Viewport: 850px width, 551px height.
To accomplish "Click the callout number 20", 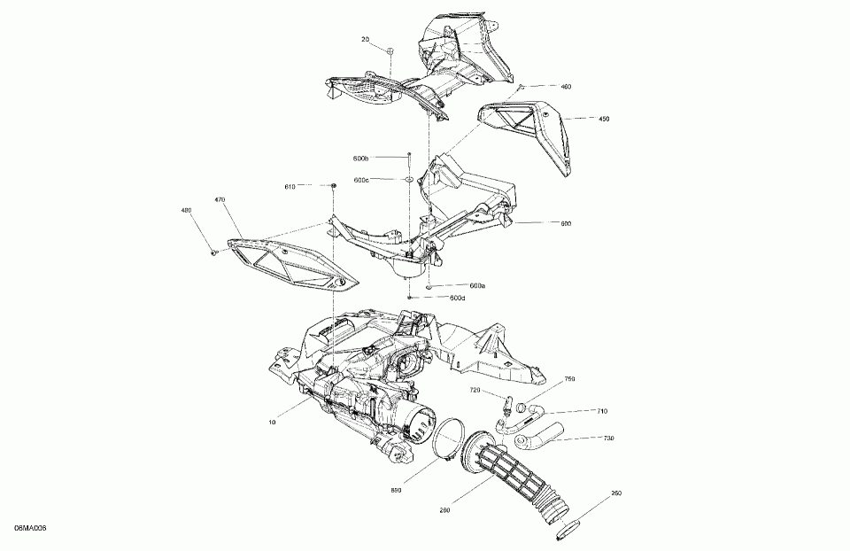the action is point(365,40).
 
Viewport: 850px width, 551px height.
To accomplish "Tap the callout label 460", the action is point(566,87).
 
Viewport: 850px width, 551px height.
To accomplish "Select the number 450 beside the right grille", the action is point(604,118).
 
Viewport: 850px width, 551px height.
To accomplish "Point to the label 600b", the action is point(360,159).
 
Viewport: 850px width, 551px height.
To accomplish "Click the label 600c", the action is point(360,180).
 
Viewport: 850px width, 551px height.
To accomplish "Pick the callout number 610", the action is point(290,186).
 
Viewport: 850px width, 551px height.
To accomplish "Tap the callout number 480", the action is point(186,211).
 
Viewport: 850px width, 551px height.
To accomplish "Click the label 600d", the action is point(457,298).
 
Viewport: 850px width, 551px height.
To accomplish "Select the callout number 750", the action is point(569,379).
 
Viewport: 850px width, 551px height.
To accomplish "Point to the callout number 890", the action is point(396,489).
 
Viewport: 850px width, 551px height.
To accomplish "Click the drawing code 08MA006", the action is point(30,528).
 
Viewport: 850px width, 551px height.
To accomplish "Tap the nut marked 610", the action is point(334,185).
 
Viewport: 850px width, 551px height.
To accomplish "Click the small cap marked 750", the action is point(522,408).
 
